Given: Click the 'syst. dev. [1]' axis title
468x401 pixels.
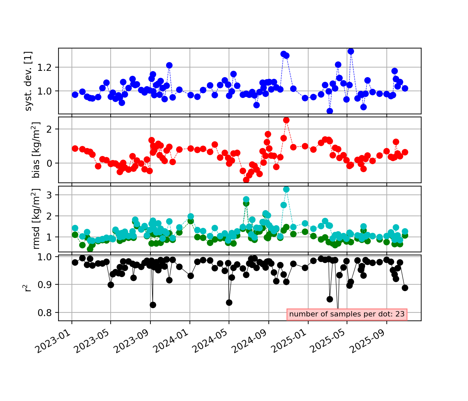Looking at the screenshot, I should click(x=29, y=81).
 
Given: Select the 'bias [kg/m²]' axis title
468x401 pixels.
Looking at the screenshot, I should click(x=36, y=150).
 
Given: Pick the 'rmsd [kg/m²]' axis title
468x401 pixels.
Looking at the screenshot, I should click(x=36, y=219).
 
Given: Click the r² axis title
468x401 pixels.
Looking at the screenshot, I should click(x=28, y=288).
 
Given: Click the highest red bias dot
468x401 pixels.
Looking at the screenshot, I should click(x=286, y=120).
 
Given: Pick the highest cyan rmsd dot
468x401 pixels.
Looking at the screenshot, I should click(x=286, y=189).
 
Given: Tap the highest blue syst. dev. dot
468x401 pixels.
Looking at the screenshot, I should click(x=351, y=51).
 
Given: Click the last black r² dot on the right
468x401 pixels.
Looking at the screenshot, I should click(x=405, y=288).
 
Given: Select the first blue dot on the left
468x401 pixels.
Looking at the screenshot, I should click(x=75, y=95).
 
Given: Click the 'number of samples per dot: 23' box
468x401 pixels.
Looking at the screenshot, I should click(x=347, y=314).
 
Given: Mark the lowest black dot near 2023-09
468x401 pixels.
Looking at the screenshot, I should click(x=153, y=305).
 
